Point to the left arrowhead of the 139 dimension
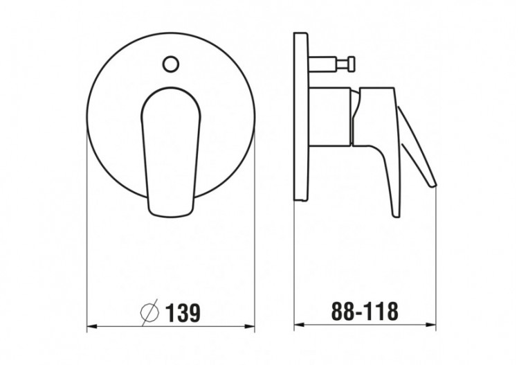point(91,326)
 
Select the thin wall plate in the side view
point(300,116)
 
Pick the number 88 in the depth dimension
point(340,312)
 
